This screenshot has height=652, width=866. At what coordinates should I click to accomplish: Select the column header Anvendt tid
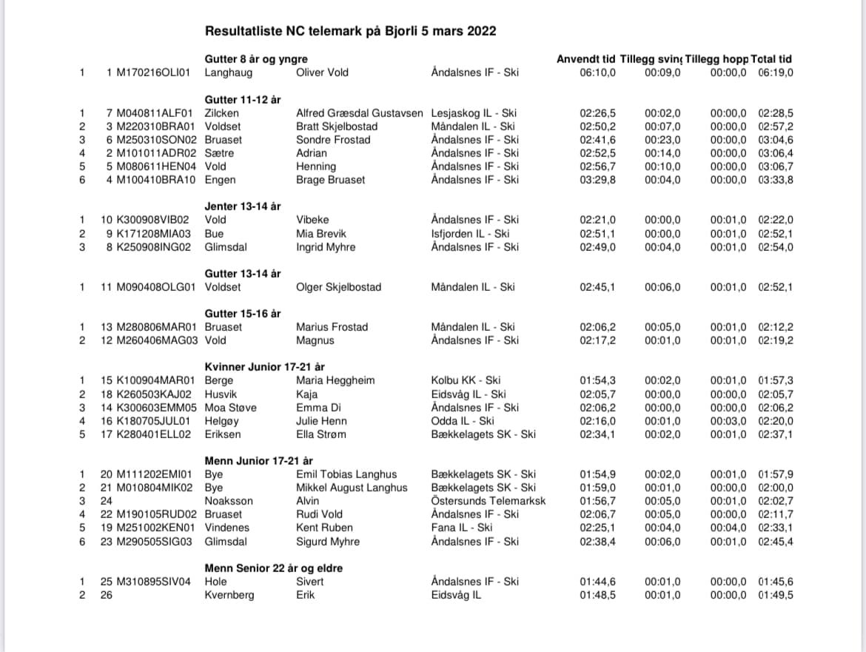[x=585, y=59]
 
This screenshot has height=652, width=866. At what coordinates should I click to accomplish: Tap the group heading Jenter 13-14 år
[x=243, y=206]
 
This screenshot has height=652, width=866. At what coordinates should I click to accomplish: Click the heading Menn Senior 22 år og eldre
[x=273, y=568]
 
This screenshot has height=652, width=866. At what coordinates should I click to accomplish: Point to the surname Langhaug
[x=228, y=73]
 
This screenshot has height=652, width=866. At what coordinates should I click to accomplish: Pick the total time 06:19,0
[x=776, y=73]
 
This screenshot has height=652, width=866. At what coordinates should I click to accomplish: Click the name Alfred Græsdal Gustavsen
[x=360, y=113]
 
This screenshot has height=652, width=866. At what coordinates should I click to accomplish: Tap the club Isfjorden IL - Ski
[x=470, y=234]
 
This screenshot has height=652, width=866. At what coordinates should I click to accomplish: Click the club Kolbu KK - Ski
[x=466, y=380]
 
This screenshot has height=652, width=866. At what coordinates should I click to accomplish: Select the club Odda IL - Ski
[x=463, y=420]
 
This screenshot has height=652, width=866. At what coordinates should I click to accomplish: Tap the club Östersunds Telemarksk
[x=488, y=501]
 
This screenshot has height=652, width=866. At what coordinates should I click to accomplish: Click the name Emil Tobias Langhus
[x=346, y=474]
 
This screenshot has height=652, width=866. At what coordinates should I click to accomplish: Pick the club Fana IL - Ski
[x=462, y=528]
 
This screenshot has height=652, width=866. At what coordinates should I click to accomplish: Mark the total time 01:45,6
[x=776, y=582]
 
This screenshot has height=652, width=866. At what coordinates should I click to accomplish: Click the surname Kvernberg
[x=229, y=595]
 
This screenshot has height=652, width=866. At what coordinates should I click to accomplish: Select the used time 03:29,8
[x=598, y=180]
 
